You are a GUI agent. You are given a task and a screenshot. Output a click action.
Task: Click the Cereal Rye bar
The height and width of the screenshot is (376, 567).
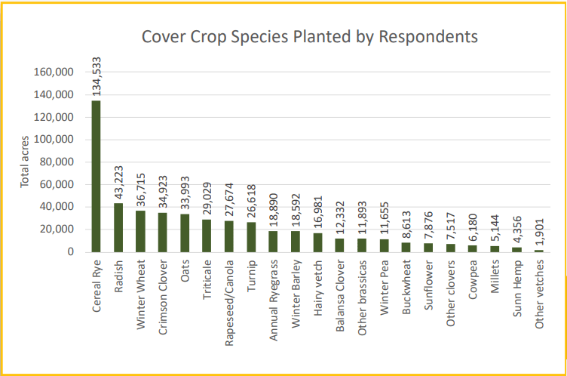[96, 177]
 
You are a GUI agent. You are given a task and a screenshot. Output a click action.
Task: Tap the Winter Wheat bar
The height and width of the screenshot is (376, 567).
[140, 231]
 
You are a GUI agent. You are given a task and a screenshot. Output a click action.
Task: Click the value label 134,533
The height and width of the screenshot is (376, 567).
[97, 76]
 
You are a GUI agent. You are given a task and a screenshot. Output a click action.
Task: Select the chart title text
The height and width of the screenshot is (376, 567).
[309, 36]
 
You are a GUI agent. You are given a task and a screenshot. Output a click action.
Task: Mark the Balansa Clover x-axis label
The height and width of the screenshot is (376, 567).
[339, 296]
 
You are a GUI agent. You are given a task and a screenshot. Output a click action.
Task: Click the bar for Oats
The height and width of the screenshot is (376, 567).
[185, 233]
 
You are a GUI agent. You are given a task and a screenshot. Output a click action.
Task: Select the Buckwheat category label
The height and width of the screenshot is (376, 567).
[406, 287]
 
